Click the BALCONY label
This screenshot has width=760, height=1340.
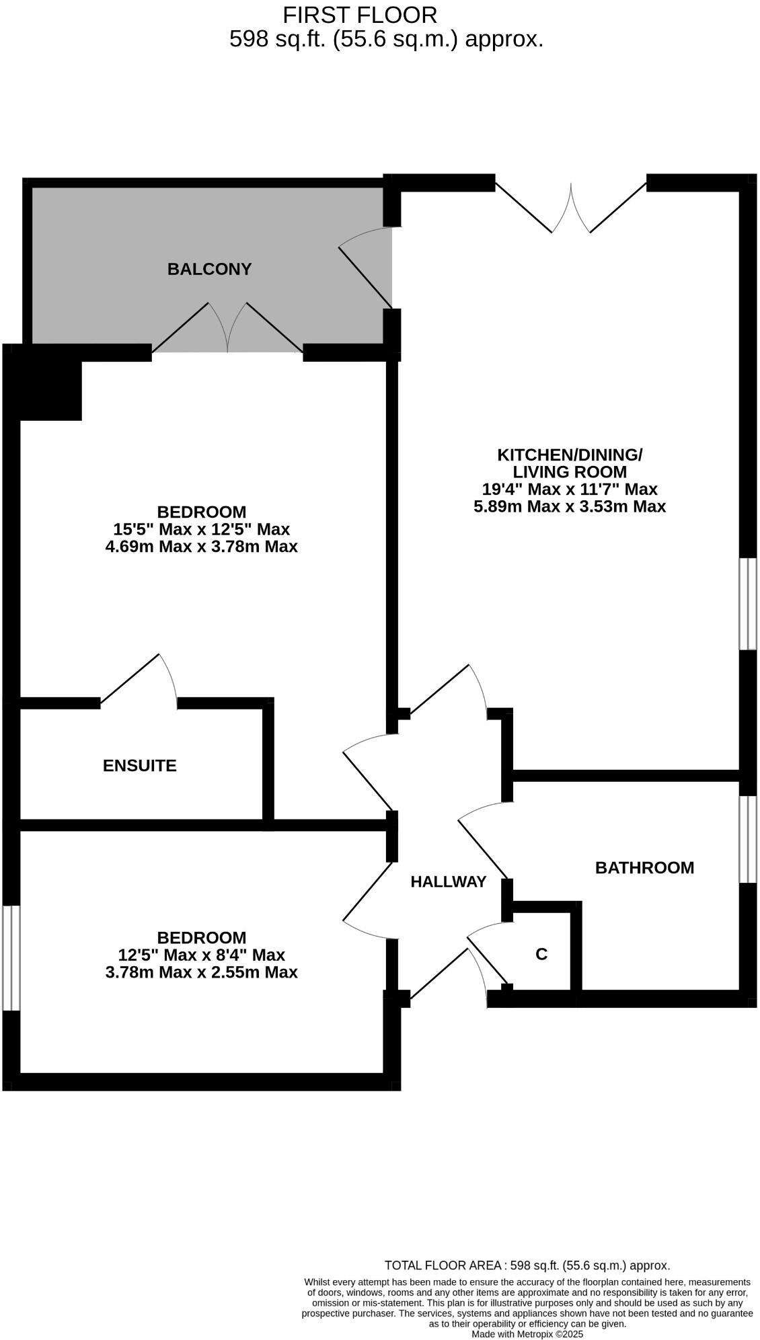click(x=209, y=269)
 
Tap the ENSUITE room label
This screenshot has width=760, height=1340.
click(x=140, y=765)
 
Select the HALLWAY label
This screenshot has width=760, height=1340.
click(x=448, y=881)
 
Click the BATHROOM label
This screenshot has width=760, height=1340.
click(x=644, y=867)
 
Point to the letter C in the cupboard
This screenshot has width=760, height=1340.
click(x=541, y=954)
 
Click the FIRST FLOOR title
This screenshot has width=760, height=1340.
click(x=360, y=15)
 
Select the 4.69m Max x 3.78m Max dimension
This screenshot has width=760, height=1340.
click(x=201, y=547)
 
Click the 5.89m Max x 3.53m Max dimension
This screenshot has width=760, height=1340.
click(x=570, y=506)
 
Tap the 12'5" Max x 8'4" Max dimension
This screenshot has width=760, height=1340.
click(x=201, y=955)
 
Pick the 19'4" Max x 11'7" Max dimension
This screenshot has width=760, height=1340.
click(x=570, y=489)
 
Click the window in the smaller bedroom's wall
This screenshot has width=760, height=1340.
click(x=11, y=957)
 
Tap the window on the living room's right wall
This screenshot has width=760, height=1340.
click(x=747, y=604)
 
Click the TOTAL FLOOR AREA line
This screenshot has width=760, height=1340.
click(x=527, y=1265)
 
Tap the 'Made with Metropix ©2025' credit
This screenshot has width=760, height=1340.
click(x=527, y=1334)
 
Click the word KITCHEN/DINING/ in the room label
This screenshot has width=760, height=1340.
click(x=570, y=455)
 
